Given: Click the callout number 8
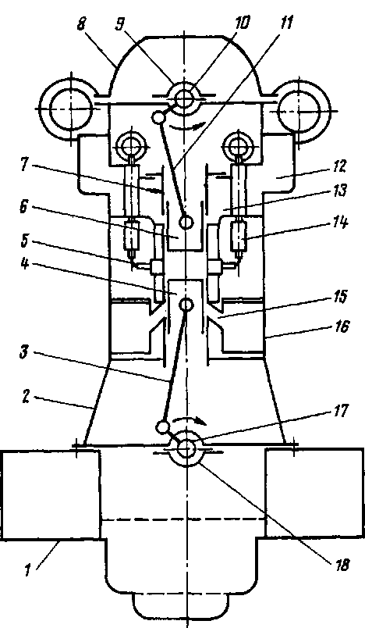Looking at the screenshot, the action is click(81, 25).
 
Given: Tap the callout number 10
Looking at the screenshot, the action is click(242, 23).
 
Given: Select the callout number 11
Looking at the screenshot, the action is click(285, 23).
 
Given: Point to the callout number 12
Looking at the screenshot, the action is click(338, 166).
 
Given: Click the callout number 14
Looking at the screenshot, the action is click(338, 223).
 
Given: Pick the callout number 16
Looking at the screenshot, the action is click(339, 327).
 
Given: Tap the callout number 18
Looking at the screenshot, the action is click(341, 565).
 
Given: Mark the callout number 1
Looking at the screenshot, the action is click(28, 569).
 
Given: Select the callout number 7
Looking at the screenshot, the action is click(25, 165).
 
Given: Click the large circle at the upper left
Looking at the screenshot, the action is click(71, 109).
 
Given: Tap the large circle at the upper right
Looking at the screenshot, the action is click(298, 109).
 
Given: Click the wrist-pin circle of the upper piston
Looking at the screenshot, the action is click(186, 222).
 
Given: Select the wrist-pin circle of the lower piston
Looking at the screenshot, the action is click(186, 305).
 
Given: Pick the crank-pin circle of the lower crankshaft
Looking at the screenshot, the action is click(163, 428).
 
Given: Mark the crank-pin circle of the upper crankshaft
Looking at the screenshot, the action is click(158, 117).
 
